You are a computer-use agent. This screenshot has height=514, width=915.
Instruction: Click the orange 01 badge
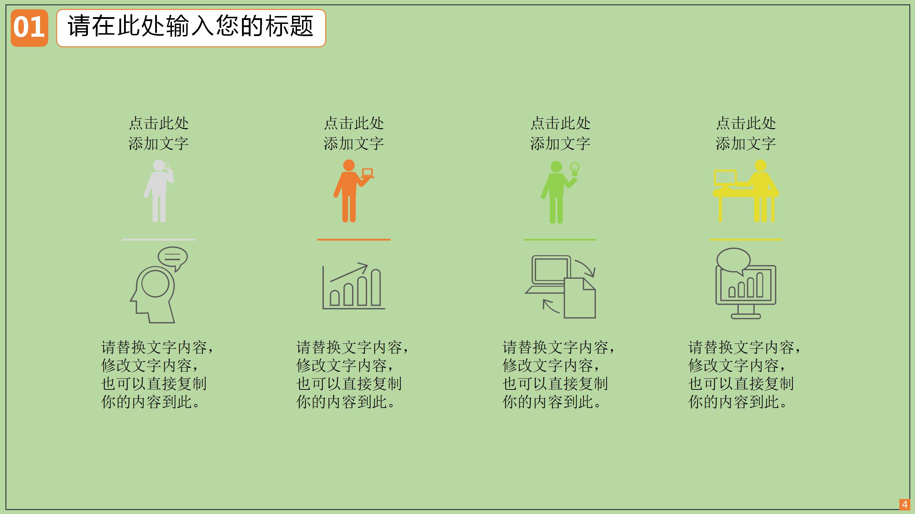click(29, 28)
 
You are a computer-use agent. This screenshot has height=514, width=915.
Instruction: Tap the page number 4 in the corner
click(905, 504)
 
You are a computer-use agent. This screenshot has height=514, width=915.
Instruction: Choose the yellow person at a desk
click(746, 191)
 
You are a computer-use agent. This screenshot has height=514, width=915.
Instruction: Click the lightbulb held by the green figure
click(574, 169)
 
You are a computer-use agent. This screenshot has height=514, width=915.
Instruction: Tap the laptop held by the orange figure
click(367, 173)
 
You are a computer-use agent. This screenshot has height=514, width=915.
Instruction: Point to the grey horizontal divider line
click(159, 240)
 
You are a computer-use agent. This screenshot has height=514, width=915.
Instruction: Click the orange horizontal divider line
click(353, 240)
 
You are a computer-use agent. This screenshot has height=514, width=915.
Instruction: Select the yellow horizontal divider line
click(746, 240)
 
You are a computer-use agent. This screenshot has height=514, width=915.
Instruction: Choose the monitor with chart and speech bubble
click(746, 284)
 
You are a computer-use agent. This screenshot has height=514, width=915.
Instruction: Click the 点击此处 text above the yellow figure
click(746, 123)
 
